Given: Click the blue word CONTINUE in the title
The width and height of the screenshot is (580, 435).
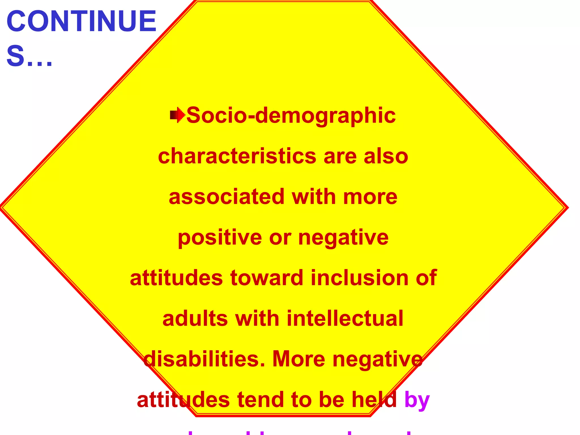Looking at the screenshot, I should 81,22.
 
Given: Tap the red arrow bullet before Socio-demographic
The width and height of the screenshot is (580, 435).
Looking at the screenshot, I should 177,115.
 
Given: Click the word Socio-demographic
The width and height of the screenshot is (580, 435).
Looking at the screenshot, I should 291,116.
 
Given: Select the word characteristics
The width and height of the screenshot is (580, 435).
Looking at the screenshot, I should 237,156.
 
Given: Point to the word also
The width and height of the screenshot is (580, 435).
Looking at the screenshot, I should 386,156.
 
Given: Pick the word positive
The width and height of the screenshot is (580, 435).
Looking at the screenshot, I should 220,238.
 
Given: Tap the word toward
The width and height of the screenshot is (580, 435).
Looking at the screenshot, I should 267,278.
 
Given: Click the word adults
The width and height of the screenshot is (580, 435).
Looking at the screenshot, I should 195,319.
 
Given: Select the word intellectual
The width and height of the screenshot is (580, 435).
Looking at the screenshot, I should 345,319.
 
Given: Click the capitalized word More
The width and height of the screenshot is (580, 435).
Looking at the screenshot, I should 298,359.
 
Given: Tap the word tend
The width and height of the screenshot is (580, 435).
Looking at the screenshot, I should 261,400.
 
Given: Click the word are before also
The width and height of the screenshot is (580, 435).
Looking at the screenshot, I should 340,157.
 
